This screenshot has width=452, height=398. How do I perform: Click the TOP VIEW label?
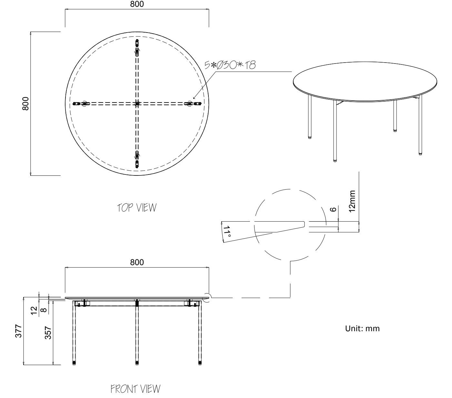click(x=137, y=207)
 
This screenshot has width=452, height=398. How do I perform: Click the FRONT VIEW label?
click(x=136, y=389)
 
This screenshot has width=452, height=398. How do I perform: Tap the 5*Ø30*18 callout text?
click(x=230, y=65)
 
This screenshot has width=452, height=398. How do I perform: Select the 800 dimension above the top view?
click(x=137, y=4)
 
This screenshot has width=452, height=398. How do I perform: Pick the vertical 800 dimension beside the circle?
click(x=26, y=104)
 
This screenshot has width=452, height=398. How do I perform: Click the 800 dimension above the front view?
click(x=137, y=262)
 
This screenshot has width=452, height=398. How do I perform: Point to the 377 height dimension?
click(x=18, y=331)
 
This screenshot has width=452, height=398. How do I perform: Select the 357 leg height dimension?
click(x=48, y=333)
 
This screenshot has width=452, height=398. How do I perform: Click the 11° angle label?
click(x=227, y=232)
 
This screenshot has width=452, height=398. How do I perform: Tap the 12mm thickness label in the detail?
click(x=352, y=201)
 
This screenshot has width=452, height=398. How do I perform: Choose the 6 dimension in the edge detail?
click(x=333, y=209)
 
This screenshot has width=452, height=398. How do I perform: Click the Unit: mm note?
click(x=362, y=328)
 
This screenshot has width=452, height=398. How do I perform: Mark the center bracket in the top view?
click(x=137, y=104)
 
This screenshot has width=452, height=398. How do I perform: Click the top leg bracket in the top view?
click(x=137, y=47)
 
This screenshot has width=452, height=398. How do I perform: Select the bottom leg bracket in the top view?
click(x=137, y=159)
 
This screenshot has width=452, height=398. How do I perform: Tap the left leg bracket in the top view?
click(x=81, y=104)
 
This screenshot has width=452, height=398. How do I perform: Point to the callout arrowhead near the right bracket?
click(x=194, y=98)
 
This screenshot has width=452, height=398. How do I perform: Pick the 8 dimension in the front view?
click(x=44, y=310)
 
